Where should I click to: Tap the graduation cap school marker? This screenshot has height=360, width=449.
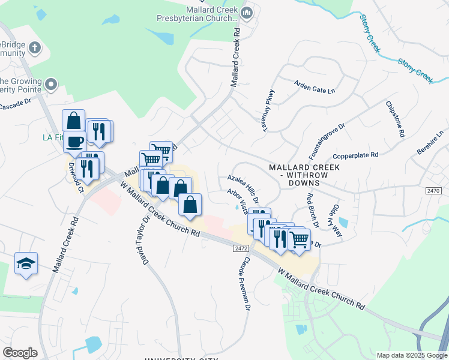(x=26, y=263)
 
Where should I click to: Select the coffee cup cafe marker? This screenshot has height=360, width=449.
(x=75, y=142)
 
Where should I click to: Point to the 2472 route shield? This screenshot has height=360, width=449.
(x=241, y=247)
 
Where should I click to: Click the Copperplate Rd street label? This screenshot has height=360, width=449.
(x=356, y=155)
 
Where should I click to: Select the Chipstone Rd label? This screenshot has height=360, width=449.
(x=394, y=120)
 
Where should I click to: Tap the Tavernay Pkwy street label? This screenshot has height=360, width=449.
(x=268, y=108)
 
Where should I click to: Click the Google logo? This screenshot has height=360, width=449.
(x=20, y=353)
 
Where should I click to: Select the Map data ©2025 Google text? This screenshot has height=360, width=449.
(x=411, y=355)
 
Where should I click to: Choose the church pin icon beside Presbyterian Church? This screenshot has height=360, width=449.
(x=246, y=13)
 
